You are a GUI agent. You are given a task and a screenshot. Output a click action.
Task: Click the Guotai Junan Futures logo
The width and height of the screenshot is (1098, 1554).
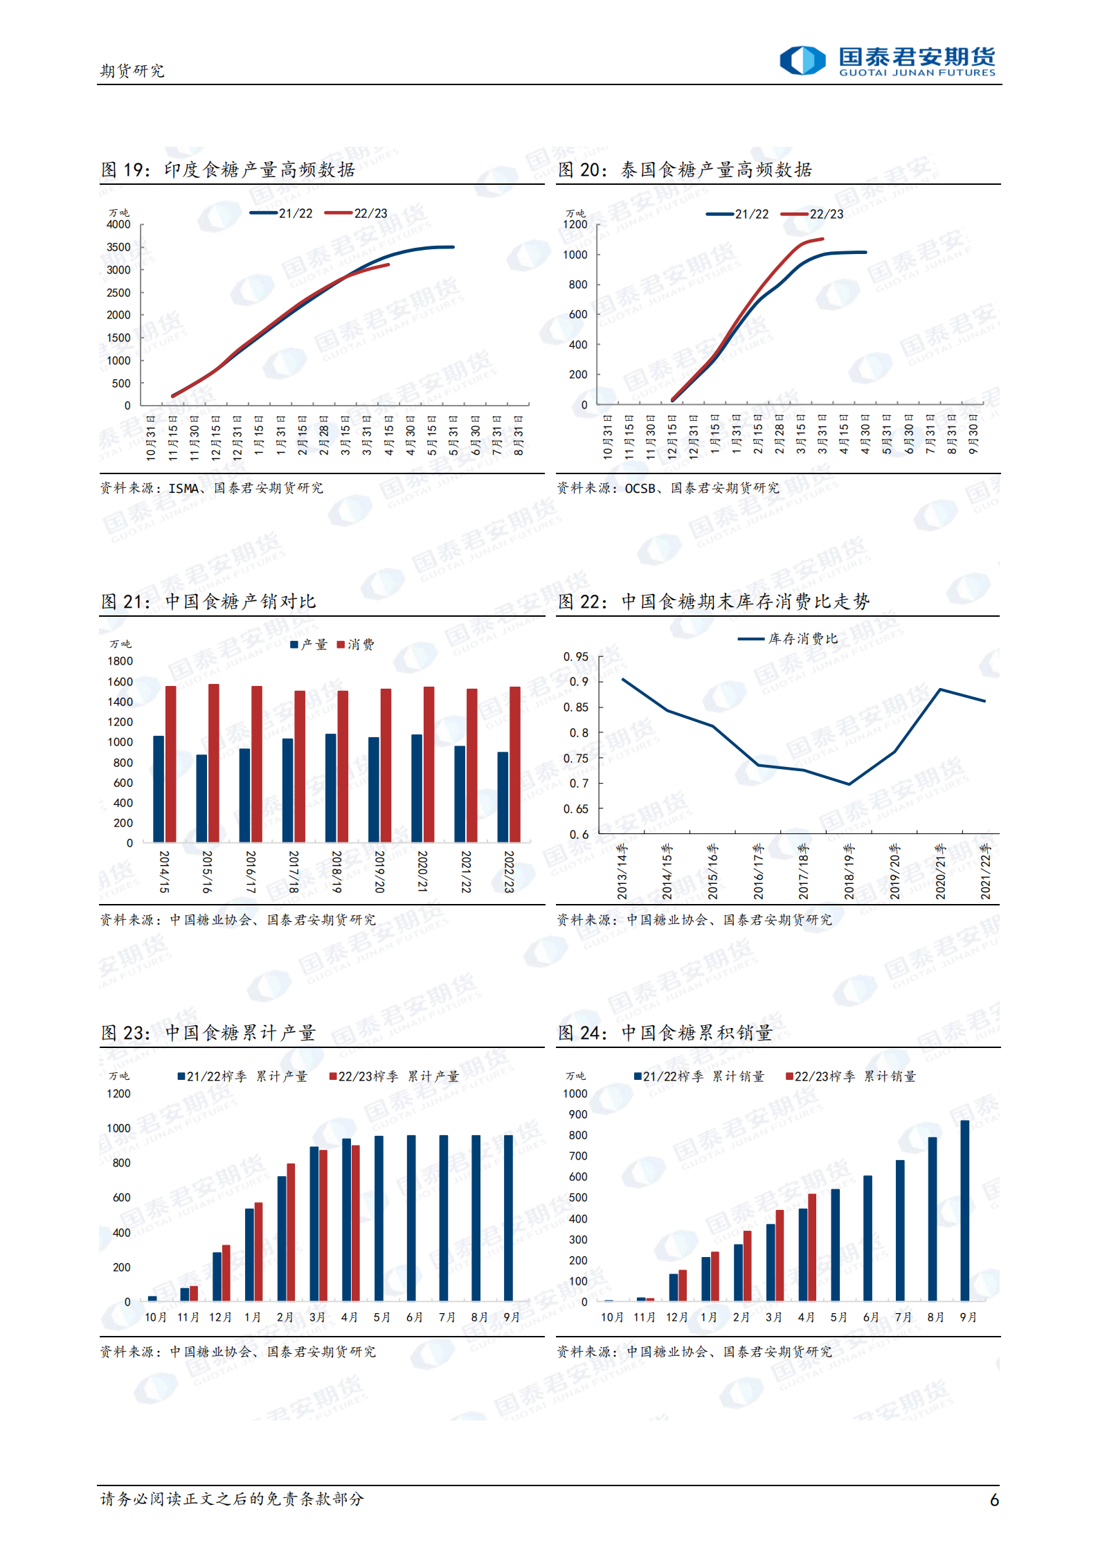[887, 61]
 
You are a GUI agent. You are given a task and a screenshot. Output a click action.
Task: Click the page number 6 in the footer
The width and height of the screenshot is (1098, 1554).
[994, 1499]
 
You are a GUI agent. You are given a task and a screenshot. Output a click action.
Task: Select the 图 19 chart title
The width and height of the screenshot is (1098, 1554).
[228, 170]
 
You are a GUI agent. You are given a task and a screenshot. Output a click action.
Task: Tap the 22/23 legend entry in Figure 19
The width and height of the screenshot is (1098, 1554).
[357, 213]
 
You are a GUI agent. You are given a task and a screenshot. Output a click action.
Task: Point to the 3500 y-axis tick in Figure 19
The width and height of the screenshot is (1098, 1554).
[118, 247]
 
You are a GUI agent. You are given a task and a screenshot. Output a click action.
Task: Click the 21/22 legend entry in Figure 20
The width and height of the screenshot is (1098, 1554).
[737, 214]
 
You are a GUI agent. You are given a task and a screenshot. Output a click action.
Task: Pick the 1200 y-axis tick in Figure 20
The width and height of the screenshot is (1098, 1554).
[575, 224]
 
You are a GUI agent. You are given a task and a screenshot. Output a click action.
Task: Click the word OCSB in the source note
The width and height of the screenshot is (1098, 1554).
[640, 488]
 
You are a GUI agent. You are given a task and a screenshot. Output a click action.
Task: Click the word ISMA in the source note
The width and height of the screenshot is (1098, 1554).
[184, 488]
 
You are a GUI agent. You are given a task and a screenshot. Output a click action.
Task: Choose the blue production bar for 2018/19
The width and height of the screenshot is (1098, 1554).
[331, 787]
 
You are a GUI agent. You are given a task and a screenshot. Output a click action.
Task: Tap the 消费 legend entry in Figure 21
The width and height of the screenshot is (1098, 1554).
[355, 644]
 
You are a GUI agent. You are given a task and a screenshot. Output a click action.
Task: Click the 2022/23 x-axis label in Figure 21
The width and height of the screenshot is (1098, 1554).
[509, 871]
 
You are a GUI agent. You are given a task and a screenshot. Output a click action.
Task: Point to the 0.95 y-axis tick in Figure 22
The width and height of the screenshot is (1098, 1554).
[576, 656]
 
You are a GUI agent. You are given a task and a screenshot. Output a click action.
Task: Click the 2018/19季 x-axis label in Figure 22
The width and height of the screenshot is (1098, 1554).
[849, 871]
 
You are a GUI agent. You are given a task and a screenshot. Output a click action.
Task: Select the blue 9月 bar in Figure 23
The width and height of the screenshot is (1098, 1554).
[508, 1218]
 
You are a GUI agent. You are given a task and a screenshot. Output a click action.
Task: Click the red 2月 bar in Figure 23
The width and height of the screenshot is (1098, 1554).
[291, 1232]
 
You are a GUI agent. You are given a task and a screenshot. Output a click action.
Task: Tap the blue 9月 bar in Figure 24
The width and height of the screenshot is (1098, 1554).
[964, 1211]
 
